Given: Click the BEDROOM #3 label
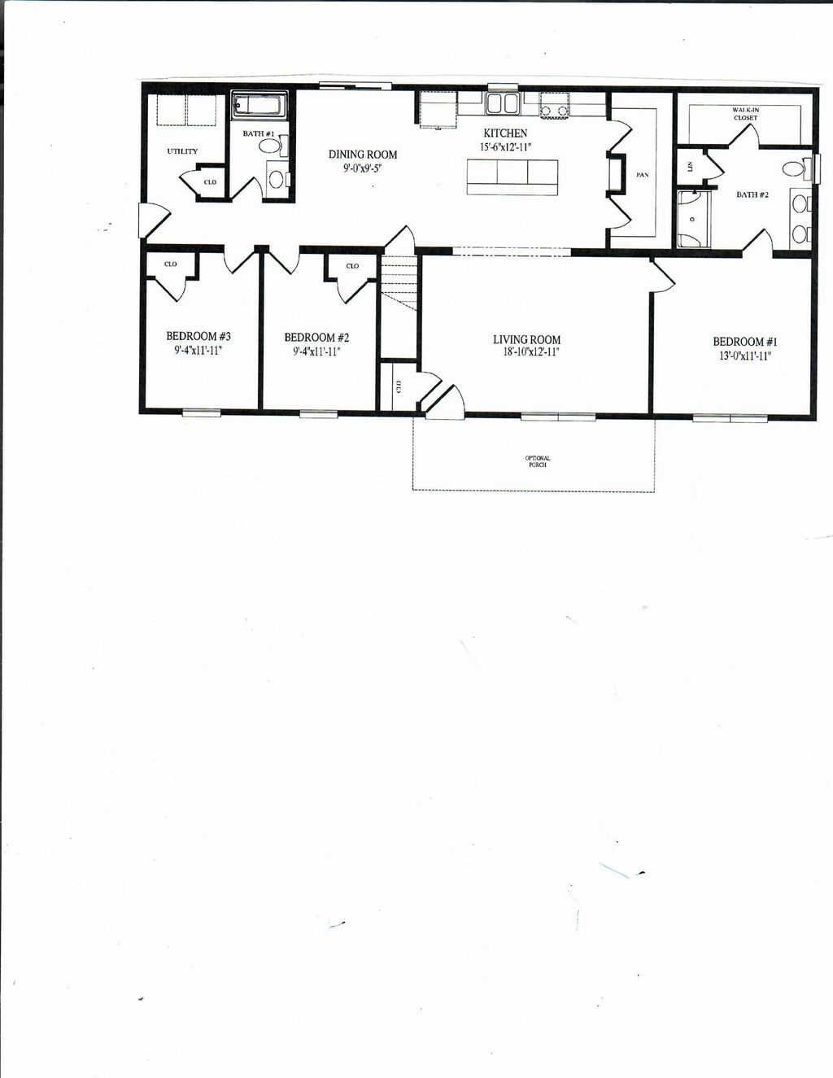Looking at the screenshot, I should [x=198, y=336].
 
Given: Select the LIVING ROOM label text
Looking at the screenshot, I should [x=526, y=340].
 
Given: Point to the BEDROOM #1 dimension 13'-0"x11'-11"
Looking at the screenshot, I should [x=744, y=356].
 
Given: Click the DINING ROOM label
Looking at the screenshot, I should [x=363, y=155].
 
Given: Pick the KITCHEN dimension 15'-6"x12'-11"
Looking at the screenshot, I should [x=505, y=147].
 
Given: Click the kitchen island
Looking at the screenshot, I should [x=512, y=177].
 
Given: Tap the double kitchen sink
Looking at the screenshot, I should [x=504, y=104].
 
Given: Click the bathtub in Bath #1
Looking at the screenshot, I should [x=259, y=107].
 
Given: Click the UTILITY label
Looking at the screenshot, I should [x=182, y=151].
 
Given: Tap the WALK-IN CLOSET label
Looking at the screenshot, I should [x=744, y=114].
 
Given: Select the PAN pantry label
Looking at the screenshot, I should [x=643, y=175].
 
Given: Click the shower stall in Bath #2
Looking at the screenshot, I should [x=694, y=218].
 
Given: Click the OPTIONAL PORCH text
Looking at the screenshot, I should [x=537, y=461].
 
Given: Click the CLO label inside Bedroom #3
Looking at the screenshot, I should [x=171, y=264].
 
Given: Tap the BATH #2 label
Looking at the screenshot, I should [x=752, y=195].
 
